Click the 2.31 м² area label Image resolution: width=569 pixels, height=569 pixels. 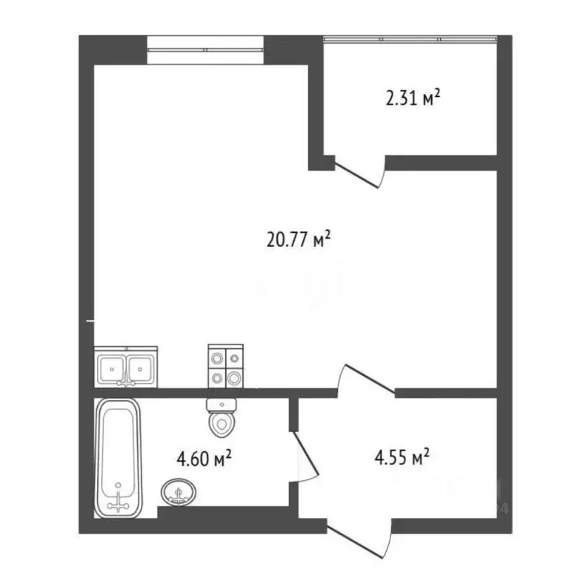pyautogui.click(x=413, y=98)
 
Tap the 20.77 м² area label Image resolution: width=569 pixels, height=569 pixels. pyautogui.click(x=297, y=239)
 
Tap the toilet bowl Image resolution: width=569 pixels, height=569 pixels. pyautogui.click(x=220, y=424)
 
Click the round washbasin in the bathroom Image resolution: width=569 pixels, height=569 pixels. pyautogui.click(x=178, y=490)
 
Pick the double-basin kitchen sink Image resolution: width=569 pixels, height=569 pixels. pyautogui.click(x=126, y=367)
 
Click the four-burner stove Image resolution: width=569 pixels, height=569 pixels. pyautogui.click(x=225, y=367)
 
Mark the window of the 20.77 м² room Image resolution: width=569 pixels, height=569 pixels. pyautogui.click(x=206, y=50)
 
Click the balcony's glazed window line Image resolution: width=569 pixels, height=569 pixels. pyautogui.click(x=410, y=36)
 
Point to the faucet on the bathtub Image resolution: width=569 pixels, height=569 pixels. pyautogui.click(x=118, y=502)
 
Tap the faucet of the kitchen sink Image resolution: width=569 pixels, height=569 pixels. pyautogui.click(x=127, y=381)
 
